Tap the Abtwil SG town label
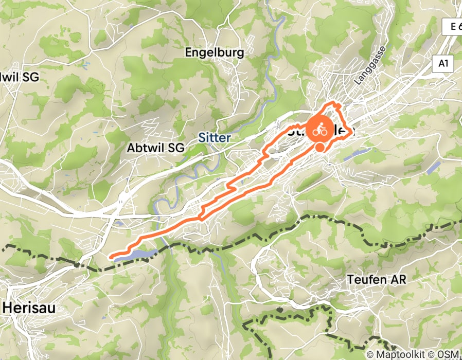click(x=155, y=148)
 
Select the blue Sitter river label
click(x=215, y=138)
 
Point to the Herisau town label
click(x=29, y=307)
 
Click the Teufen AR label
click(x=377, y=280)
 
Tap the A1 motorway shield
click(x=443, y=63)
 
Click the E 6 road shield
click(x=453, y=27)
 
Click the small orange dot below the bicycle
click(x=320, y=148)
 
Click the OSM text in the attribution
click(x=449, y=354)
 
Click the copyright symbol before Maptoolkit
click(x=370, y=354)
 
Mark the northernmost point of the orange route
click(x=338, y=104)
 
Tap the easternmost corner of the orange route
click(x=353, y=132)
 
